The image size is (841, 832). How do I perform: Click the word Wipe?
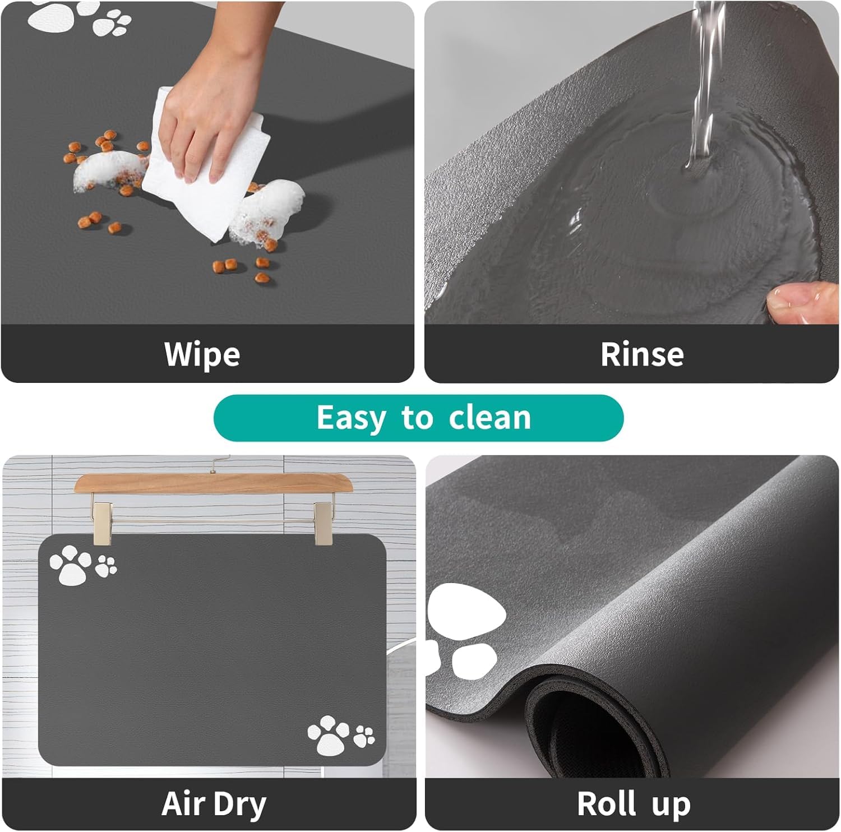click(202, 354)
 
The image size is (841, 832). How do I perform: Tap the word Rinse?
click(642, 354)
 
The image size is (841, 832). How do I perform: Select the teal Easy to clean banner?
click(418, 418)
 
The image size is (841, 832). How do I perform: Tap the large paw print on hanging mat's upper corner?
click(70, 565)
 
